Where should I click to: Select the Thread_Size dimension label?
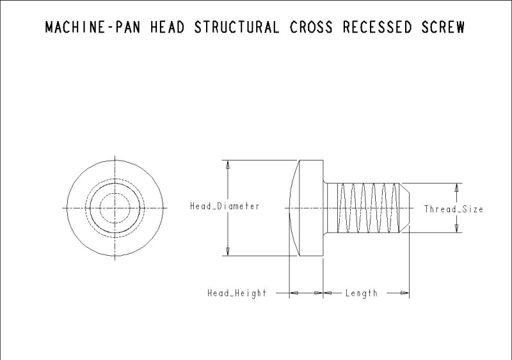pos(454,209)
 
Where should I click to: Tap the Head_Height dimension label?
pos(236,293)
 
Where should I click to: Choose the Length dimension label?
pos(362,293)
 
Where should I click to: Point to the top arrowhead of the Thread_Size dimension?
pos(456,188)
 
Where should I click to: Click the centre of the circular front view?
pos(115,208)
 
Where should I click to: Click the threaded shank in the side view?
pos(365,208)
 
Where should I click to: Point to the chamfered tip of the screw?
pos(405,208)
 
